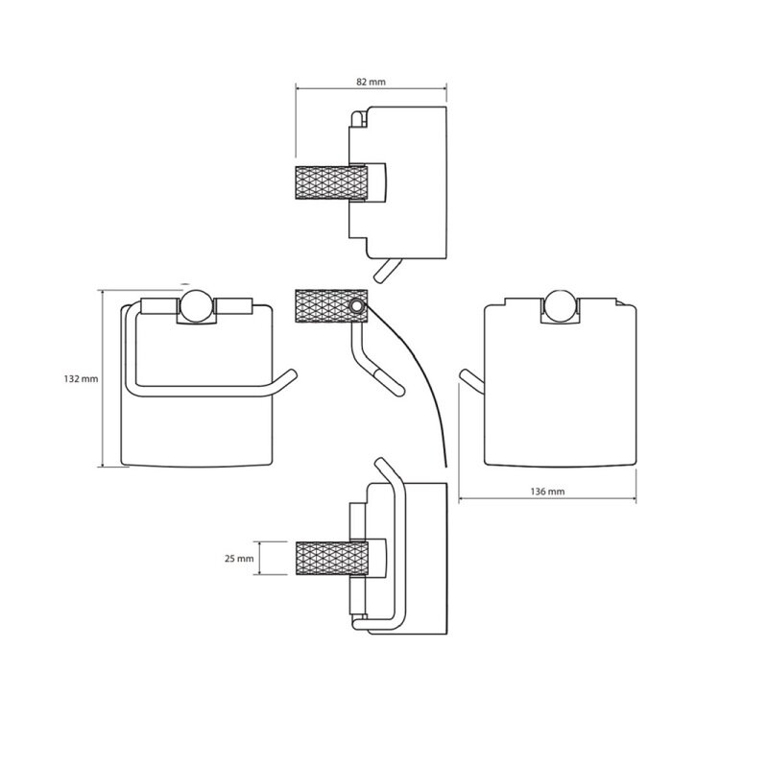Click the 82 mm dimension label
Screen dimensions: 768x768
371,83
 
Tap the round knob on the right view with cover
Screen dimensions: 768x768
561,305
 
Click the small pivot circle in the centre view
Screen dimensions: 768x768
357,307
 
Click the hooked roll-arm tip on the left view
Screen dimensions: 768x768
288,378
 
